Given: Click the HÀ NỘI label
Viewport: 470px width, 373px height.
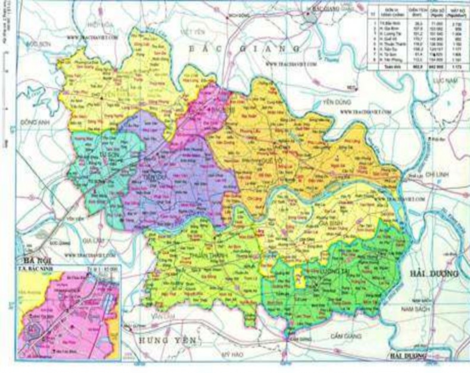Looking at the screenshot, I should [x=34, y=261].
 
